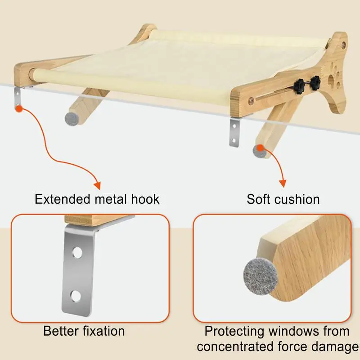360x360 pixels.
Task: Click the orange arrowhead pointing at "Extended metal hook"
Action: click(x=96, y=184)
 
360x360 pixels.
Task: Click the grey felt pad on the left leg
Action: click(x=71, y=118)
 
